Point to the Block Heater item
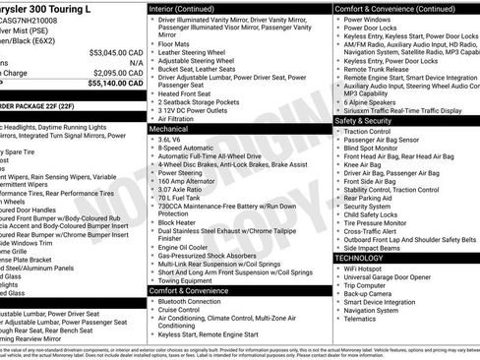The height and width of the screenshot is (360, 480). pyautogui.click(x=178, y=222)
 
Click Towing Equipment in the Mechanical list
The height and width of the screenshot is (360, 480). pyautogui.click(x=188, y=280)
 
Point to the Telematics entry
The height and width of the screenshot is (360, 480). pyautogui.click(x=364, y=319)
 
